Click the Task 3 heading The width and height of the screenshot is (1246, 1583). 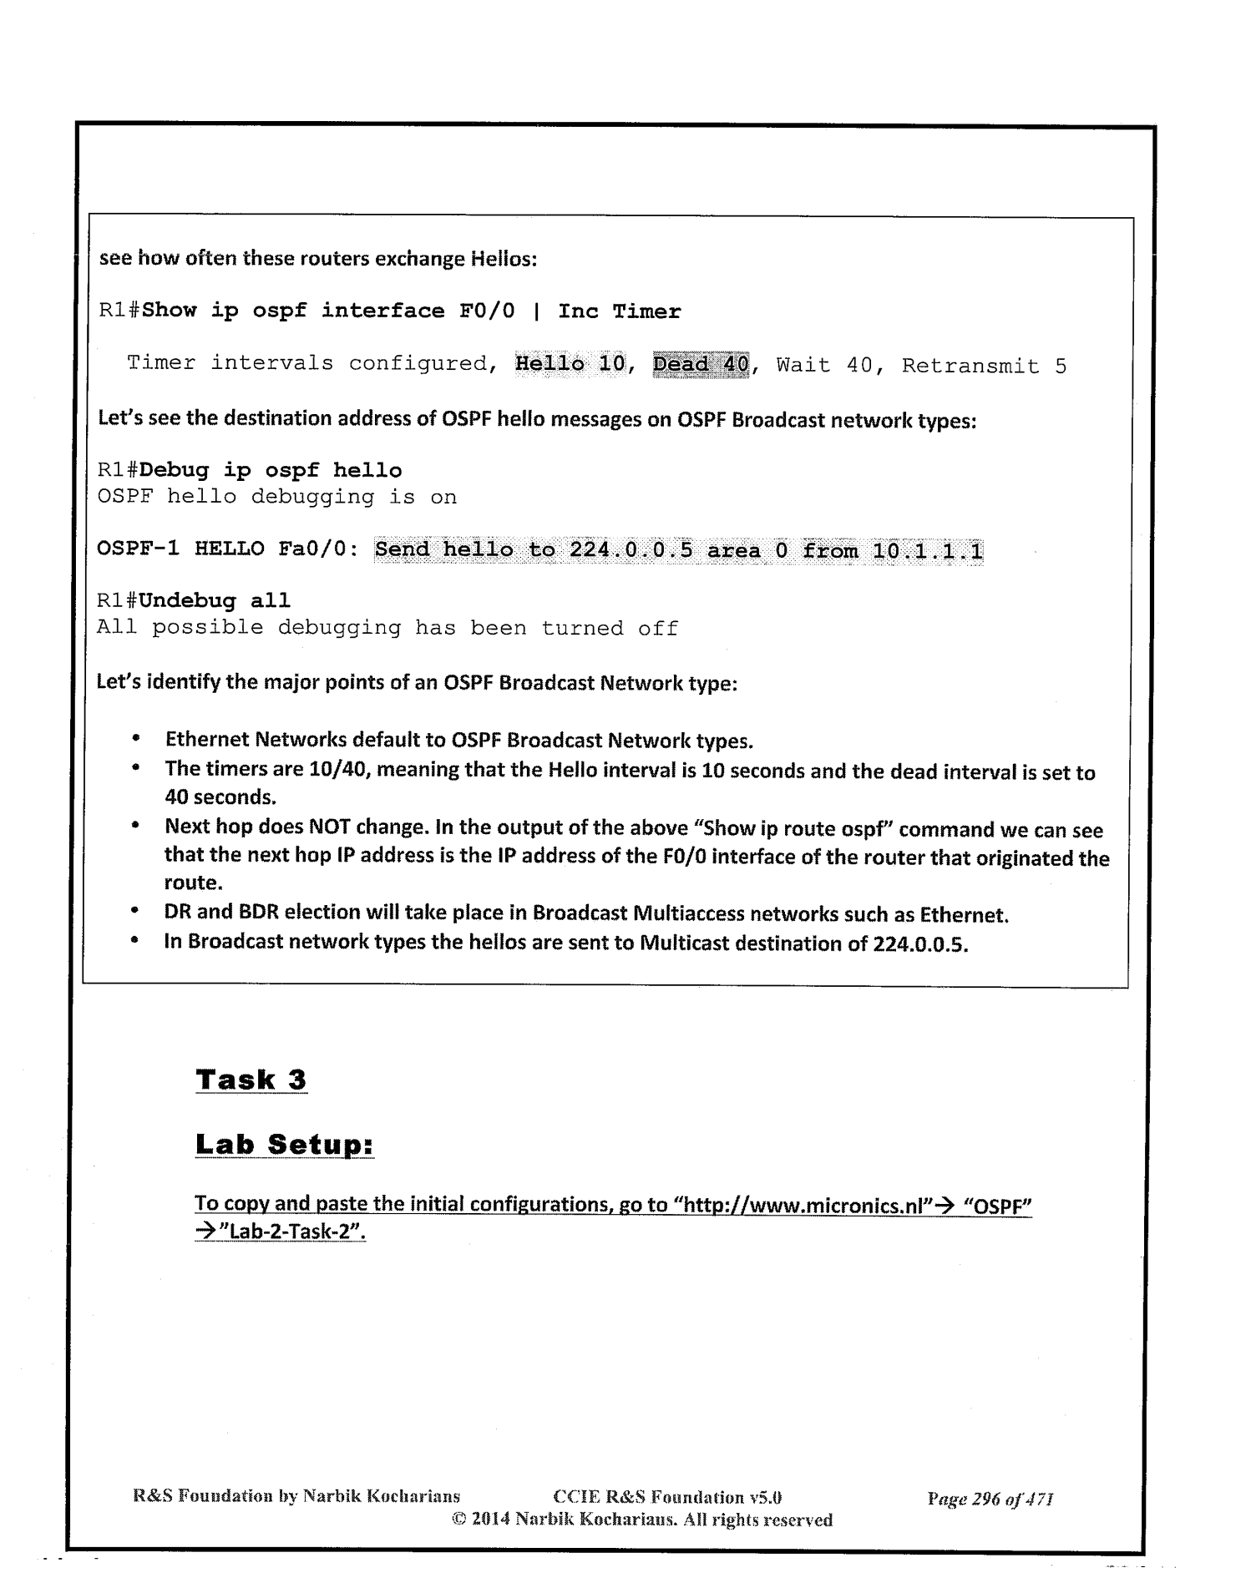click(x=251, y=1080)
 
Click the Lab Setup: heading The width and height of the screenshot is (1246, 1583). click(x=284, y=1144)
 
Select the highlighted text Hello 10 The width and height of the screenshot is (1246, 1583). click(x=570, y=364)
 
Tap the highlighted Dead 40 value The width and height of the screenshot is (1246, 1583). click(x=701, y=365)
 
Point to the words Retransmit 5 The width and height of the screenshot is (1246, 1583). click(x=983, y=366)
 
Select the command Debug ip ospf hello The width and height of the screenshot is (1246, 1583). click(x=271, y=471)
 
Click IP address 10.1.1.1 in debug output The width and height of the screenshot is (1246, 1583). click(x=927, y=551)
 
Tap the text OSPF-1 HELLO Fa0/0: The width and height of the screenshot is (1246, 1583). click(x=228, y=549)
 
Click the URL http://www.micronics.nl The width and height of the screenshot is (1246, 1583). click(x=807, y=1205)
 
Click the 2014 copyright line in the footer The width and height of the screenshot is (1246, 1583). click(x=641, y=1520)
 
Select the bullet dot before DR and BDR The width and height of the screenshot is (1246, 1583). click(x=134, y=913)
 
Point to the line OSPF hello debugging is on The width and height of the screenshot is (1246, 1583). click(x=276, y=498)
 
